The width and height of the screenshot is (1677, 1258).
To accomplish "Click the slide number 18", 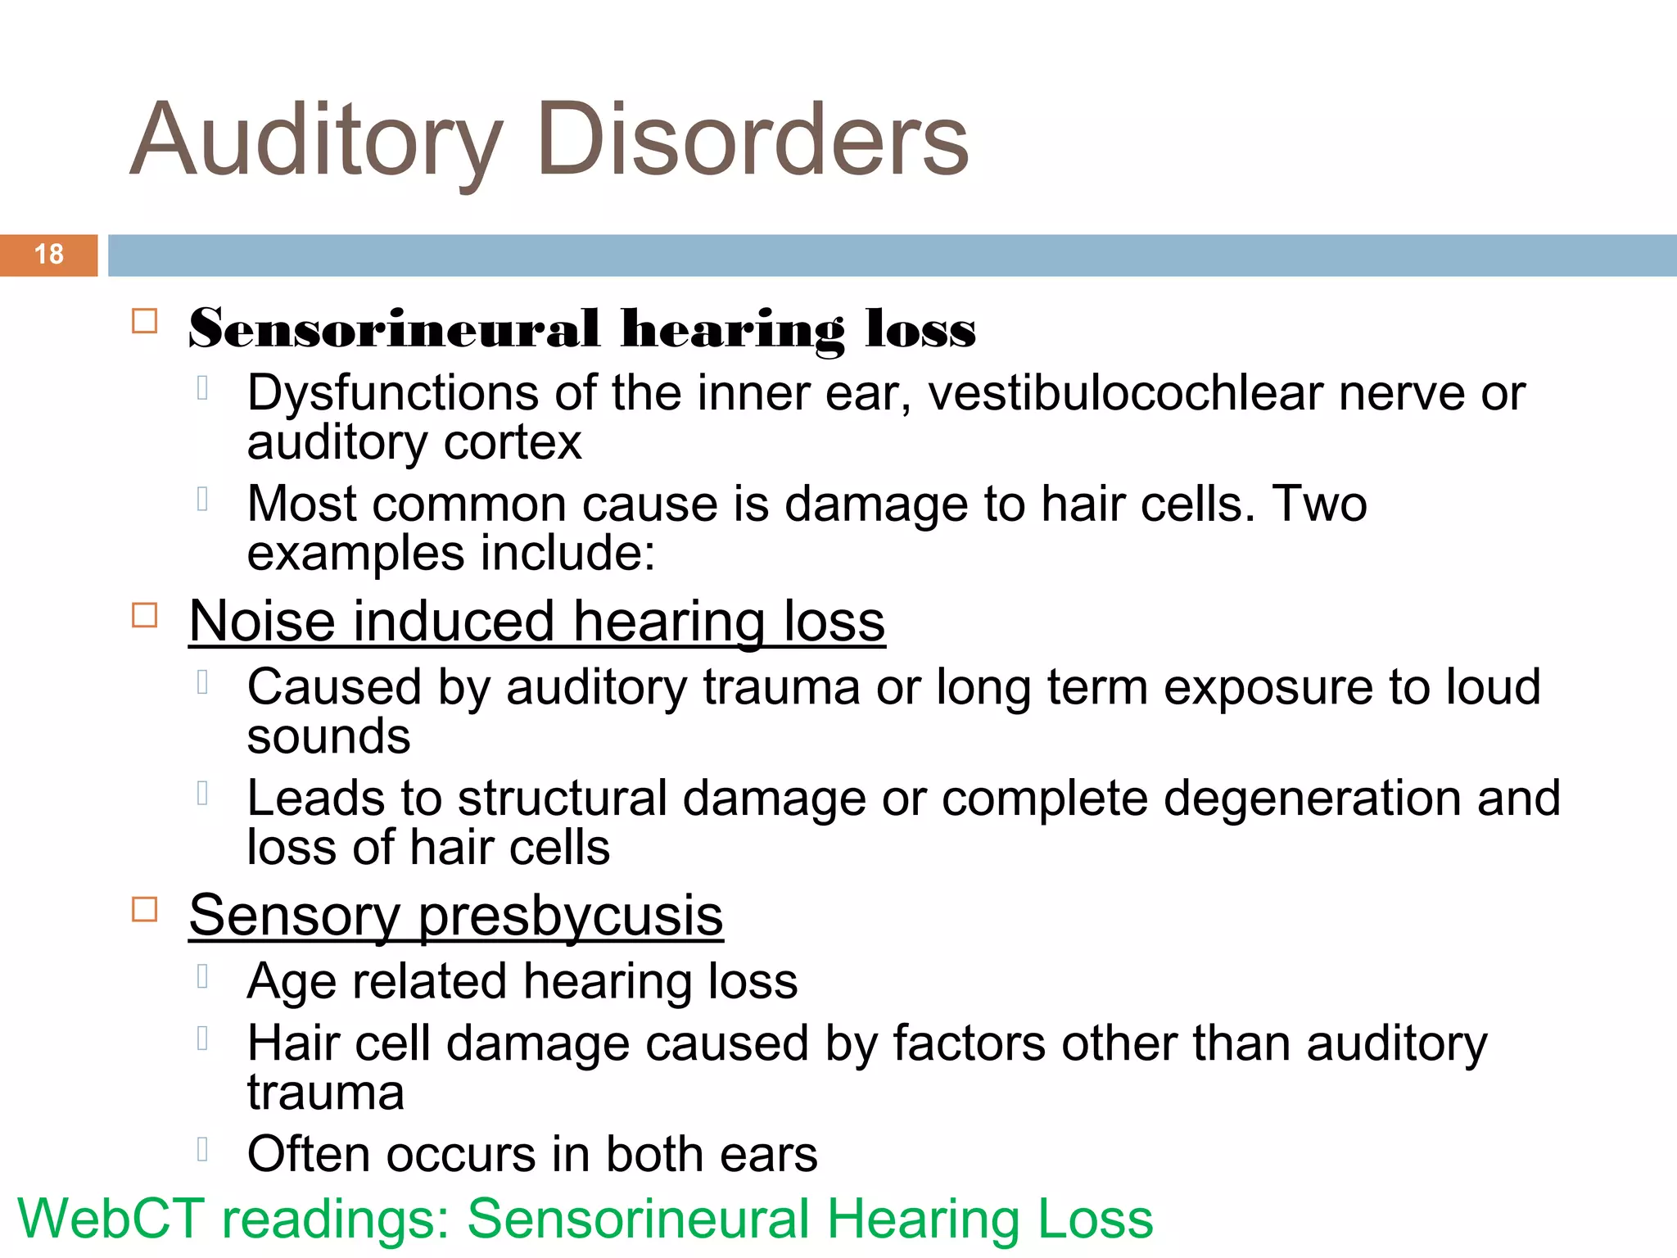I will [x=49, y=255].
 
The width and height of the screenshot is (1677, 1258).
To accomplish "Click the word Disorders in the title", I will [x=753, y=139].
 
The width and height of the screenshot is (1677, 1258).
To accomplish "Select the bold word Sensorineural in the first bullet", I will [x=394, y=329].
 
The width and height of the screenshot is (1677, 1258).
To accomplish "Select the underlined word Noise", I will [x=262, y=622].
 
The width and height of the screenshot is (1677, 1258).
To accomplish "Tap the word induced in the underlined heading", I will [x=454, y=622].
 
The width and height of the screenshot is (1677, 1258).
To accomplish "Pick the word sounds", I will [x=328, y=737].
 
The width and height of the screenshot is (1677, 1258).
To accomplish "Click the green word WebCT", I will [x=111, y=1219].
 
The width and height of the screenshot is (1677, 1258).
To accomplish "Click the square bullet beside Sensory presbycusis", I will [x=145, y=909].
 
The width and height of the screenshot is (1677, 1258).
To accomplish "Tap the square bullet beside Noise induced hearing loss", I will [x=145, y=615].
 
